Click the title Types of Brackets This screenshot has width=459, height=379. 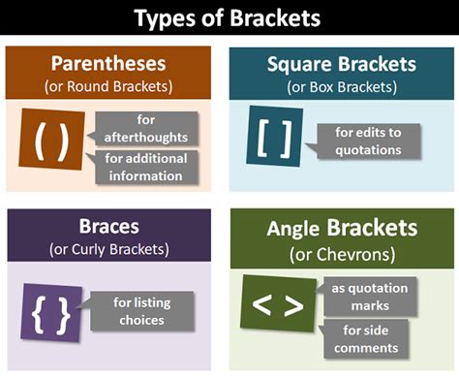point(229,18)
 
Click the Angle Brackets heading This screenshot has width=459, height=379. point(343,229)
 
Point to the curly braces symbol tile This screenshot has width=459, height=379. point(50,312)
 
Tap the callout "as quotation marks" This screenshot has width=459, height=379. point(369,296)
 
